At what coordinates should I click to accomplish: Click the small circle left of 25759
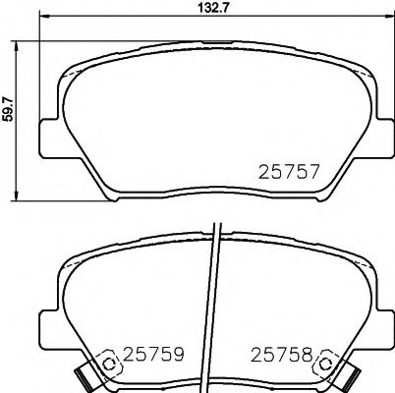111,365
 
